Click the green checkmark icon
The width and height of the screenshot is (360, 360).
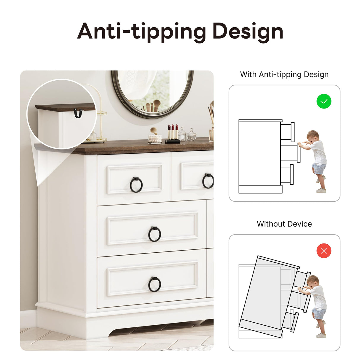click(x=324, y=101)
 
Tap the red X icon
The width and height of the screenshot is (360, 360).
click(x=324, y=251)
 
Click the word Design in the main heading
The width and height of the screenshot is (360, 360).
click(x=248, y=32)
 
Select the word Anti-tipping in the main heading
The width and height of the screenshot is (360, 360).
click(x=141, y=32)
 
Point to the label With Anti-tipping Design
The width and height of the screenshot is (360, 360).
click(x=284, y=74)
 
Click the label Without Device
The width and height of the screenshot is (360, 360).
click(x=284, y=224)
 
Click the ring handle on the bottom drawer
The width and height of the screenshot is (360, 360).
click(x=155, y=284)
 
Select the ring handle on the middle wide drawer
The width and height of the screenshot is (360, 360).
click(x=155, y=234)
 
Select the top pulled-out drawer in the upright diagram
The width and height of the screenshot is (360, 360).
click(x=287, y=132)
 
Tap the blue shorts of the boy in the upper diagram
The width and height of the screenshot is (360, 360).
click(x=319, y=168)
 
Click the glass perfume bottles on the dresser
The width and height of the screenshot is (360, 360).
click(x=187, y=134)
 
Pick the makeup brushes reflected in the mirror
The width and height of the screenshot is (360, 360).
click(x=150, y=106)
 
